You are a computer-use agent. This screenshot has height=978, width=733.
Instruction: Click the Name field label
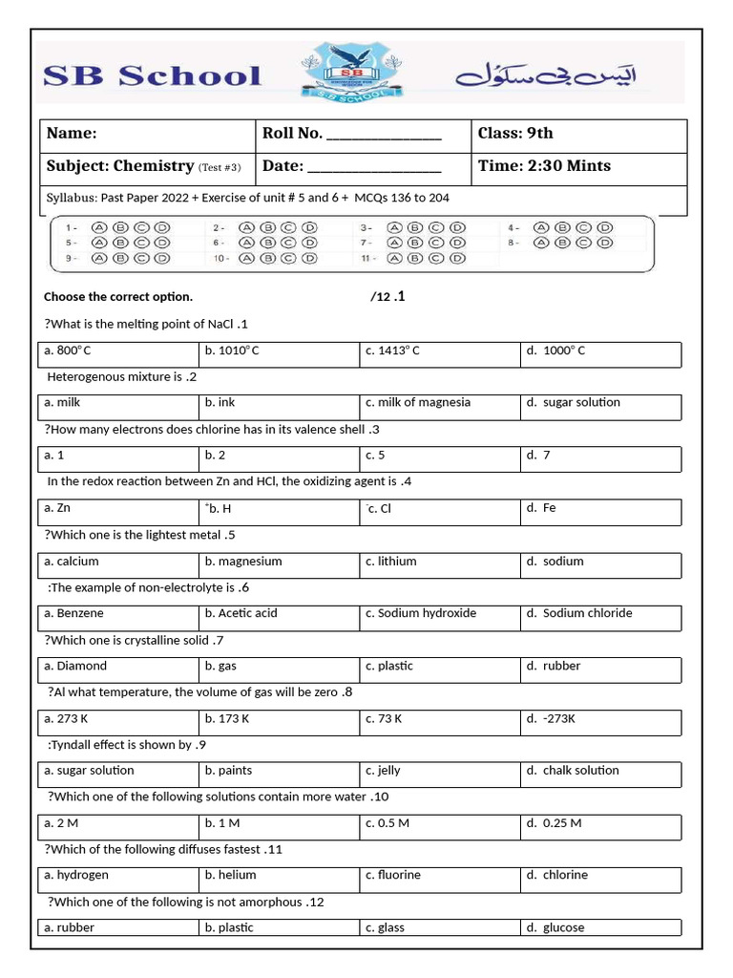(73, 134)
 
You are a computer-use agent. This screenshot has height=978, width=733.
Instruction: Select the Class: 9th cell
(515, 134)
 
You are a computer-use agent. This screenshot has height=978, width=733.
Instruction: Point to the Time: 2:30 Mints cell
(544, 166)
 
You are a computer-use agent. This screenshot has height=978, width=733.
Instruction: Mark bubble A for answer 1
(99, 228)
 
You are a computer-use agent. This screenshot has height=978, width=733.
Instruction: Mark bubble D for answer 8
(604, 243)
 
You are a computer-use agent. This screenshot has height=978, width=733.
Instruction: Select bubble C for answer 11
(436, 258)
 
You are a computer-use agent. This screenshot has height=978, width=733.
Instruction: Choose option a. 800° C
(68, 351)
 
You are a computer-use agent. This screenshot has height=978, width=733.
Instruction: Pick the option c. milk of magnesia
(418, 403)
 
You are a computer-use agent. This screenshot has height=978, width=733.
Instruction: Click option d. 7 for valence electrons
(537, 456)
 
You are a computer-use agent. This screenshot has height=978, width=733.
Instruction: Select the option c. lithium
(391, 562)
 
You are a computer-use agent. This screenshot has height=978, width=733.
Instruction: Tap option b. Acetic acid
(241, 613)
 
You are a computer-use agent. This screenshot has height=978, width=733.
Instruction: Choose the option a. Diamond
(75, 666)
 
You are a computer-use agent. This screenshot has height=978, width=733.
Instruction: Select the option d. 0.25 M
(553, 823)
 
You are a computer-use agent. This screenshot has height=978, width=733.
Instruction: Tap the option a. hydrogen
(76, 875)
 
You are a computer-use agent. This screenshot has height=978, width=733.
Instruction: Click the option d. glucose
(555, 927)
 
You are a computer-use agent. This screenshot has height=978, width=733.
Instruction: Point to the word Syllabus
(71, 199)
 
